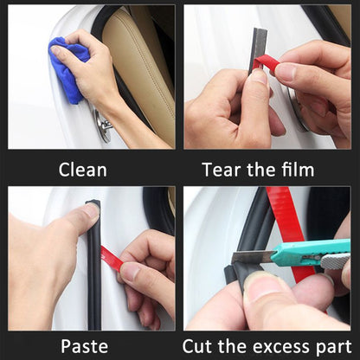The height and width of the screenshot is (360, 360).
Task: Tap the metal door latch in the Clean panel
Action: click(105, 126)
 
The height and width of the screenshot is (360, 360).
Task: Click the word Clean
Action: click(83, 169)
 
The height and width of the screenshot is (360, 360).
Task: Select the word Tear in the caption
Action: click(221, 169)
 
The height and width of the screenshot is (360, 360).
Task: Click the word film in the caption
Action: click(293, 169)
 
